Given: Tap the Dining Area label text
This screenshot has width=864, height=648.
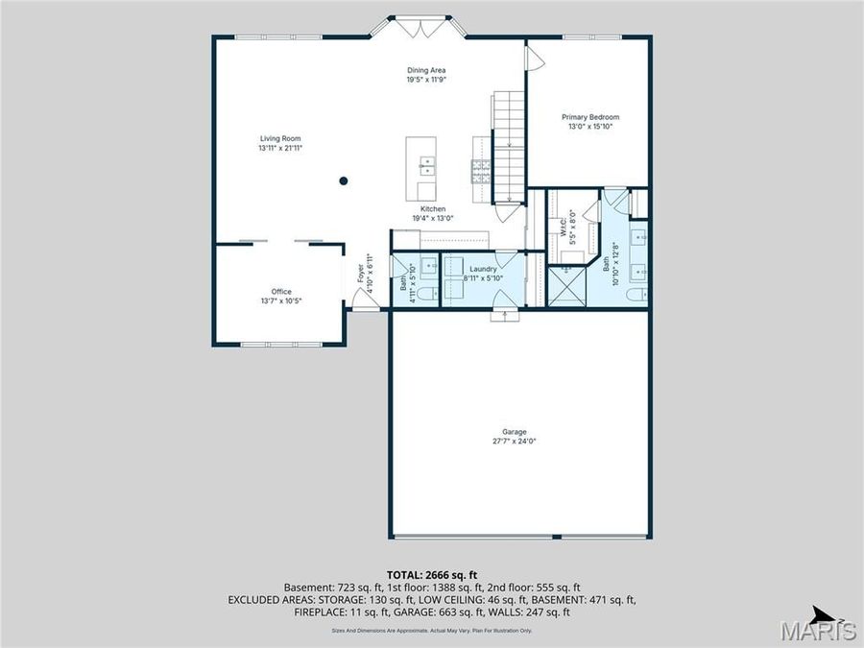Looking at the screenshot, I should click(x=425, y=70).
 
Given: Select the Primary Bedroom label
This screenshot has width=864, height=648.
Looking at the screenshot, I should click(x=589, y=117).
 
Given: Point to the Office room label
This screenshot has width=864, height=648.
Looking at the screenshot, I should click(x=280, y=292).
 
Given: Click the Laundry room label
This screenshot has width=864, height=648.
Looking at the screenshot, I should click(x=482, y=270).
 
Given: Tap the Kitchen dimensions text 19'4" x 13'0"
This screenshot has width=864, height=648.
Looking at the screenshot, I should click(x=432, y=218).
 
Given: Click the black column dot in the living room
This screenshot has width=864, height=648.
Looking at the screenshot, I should click(x=343, y=180).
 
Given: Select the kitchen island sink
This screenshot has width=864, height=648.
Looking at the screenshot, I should click(x=425, y=164).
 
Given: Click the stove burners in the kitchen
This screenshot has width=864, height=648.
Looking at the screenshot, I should click(x=480, y=170).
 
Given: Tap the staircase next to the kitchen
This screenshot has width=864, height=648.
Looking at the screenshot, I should click(x=509, y=144).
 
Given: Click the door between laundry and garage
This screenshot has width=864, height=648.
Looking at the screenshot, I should click(x=499, y=313).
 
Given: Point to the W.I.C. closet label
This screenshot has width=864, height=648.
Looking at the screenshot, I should click(x=564, y=228).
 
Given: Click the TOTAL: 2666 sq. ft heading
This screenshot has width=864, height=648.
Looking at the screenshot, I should click(x=432, y=573).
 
